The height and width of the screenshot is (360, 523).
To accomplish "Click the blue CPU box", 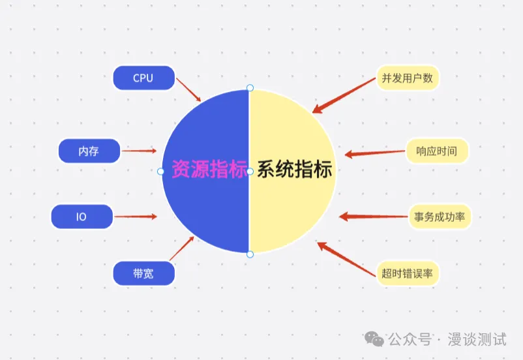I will [x=143, y=78].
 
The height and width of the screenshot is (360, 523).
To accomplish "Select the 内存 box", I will [x=89, y=151].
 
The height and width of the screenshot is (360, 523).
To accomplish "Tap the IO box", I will [x=82, y=217].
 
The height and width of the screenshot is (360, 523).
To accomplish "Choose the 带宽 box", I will [x=143, y=273].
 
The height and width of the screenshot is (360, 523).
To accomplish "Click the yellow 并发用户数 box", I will [x=408, y=78].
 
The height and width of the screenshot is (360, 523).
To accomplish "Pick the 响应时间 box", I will [x=437, y=151].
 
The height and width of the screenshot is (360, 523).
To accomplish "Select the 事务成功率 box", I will [x=440, y=217].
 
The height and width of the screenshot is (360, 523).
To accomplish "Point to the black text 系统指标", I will [x=294, y=170].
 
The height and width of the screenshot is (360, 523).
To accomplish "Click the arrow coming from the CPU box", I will [x=189, y=90].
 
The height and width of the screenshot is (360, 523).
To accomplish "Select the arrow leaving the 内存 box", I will [x=140, y=151].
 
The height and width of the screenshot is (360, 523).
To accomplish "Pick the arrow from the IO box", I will [x=136, y=217].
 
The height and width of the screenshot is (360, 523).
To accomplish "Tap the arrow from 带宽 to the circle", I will [x=181, y=248].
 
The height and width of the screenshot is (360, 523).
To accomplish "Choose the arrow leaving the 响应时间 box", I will [x=375, y=153].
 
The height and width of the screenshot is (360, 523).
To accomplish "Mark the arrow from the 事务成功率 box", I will [x=373, y=217].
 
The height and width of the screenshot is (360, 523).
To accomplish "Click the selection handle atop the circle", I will [x=249, y=87].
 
